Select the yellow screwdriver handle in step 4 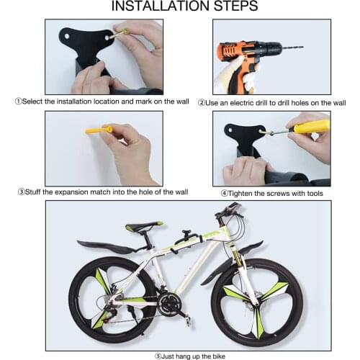312,127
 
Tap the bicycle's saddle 145,226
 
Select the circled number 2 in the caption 202,103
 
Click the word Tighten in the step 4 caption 242,193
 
